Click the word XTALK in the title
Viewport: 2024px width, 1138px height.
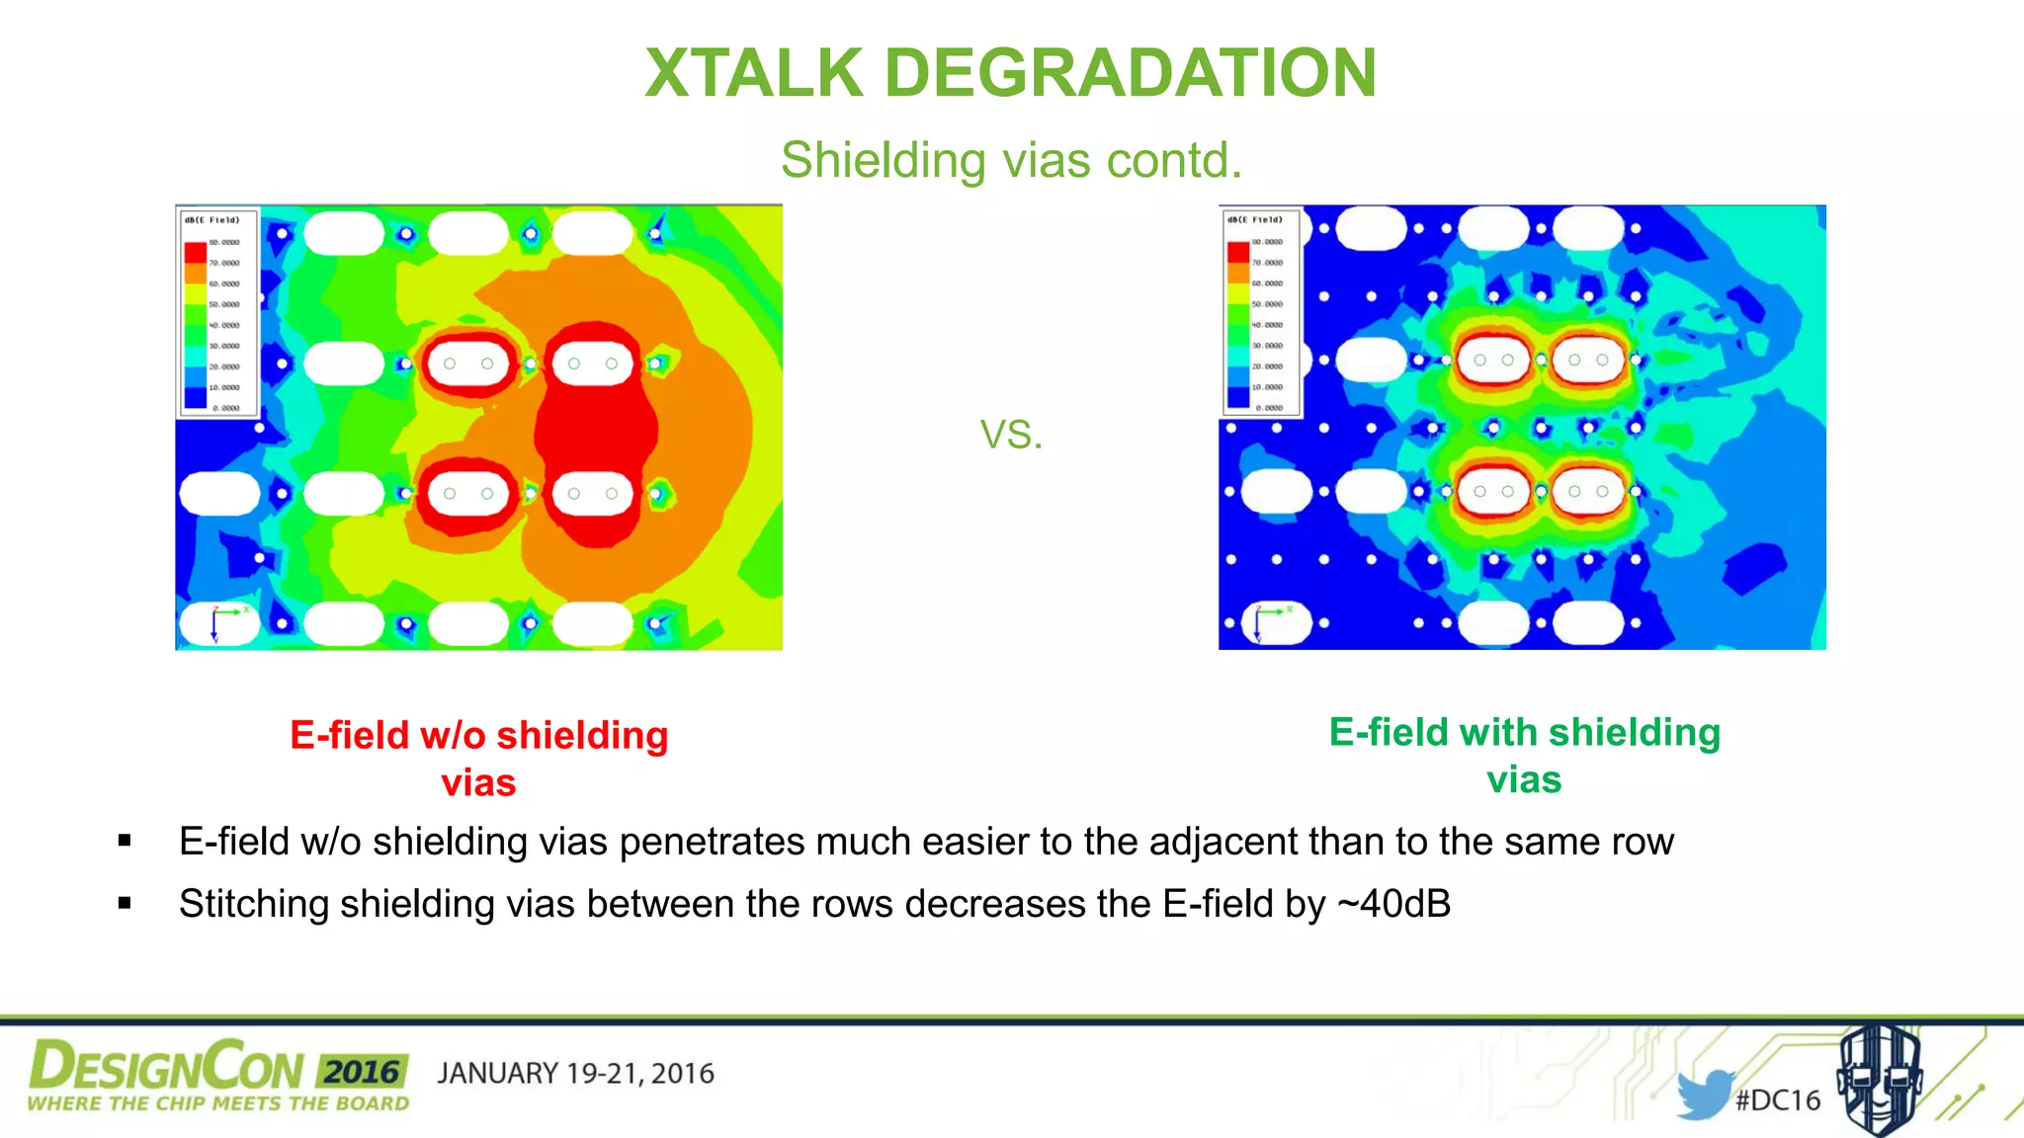[x=754, y=73]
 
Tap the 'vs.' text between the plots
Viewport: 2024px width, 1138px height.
[x=1011, y=434]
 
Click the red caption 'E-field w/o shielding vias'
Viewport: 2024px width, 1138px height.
[x=479, y=758]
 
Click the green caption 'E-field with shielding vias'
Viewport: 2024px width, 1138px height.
[x=1524, y=755]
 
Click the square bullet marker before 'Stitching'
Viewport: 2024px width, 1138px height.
[x=125, y=903]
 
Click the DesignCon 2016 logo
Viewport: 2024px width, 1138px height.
[x=217, y=1076]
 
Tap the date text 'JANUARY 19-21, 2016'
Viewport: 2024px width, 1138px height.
[x=575, y=1074]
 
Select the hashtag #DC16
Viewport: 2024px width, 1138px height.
[x=1778, y=1100]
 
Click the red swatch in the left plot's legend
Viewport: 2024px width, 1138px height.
[x=195, y=253]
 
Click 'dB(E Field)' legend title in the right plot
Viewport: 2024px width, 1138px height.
[x=1255, y=219]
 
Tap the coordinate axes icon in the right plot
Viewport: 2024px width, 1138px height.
[x=1265, y=621]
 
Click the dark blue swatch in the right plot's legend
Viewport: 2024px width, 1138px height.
[x=1237, y=397]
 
